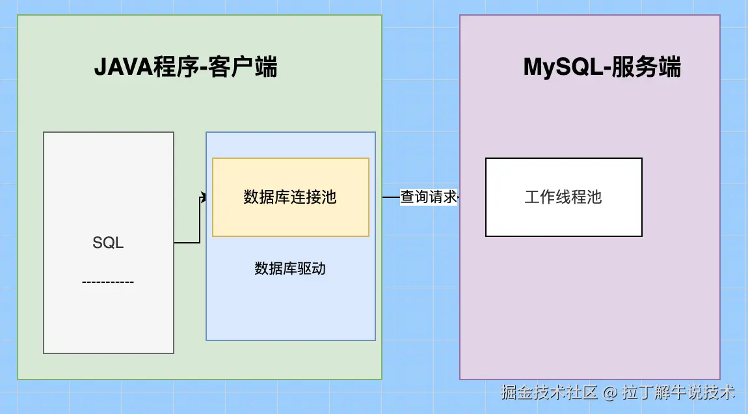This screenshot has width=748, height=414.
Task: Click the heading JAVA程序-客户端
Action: [x=186, y=67]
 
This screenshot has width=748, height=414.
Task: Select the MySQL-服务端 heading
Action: [x=602, y=67]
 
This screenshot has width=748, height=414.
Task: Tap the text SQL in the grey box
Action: [x=108, y=243]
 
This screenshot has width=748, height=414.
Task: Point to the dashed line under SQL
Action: [x=108, y=282]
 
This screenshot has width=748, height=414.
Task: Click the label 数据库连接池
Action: [x=290, y=197]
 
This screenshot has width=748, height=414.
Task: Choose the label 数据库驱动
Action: [x=290, y=268]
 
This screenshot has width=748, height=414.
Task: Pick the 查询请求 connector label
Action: [x=429, y=197]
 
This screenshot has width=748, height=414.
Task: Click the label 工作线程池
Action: [x=563, y=197]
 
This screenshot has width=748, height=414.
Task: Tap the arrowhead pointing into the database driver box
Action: [x=204, y=197]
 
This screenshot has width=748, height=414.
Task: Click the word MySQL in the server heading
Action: [x=563, y=67]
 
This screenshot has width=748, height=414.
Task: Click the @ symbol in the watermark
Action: [x=609, y=392]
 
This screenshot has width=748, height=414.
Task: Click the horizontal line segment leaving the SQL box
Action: [x=186, y=243]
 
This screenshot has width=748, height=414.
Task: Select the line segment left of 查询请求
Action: [x=390, y=197]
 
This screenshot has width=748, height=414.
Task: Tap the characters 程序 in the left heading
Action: [x=175, y=67]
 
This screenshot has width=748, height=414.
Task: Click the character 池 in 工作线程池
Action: [x=594, y=197]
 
